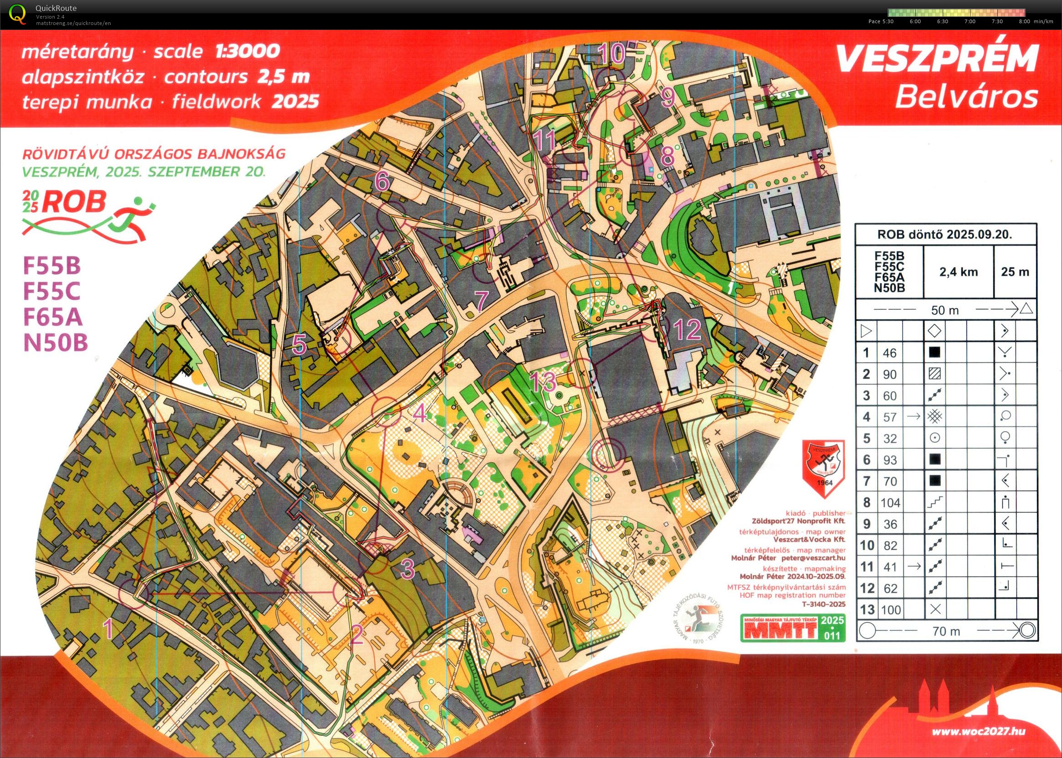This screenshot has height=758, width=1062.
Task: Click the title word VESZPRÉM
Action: tap(936, 60)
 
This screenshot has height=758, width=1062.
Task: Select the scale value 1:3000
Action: tap(248, 51)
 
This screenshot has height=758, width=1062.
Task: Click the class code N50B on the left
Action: tap(56, 343)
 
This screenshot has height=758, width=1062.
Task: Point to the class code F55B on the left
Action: tap(52, 266)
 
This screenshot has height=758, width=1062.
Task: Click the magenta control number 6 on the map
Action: tap(382, 181)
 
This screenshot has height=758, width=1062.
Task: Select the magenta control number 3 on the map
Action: tap(407, 569)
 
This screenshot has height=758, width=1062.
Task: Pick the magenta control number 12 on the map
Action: tap(688, 330)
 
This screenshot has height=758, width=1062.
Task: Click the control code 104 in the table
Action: tap(890, 503)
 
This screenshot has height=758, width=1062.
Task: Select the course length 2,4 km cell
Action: tap(958, 272)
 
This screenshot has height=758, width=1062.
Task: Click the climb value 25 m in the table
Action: tap(1015, 272)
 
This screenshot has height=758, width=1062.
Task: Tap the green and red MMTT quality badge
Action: tap(793, 628)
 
